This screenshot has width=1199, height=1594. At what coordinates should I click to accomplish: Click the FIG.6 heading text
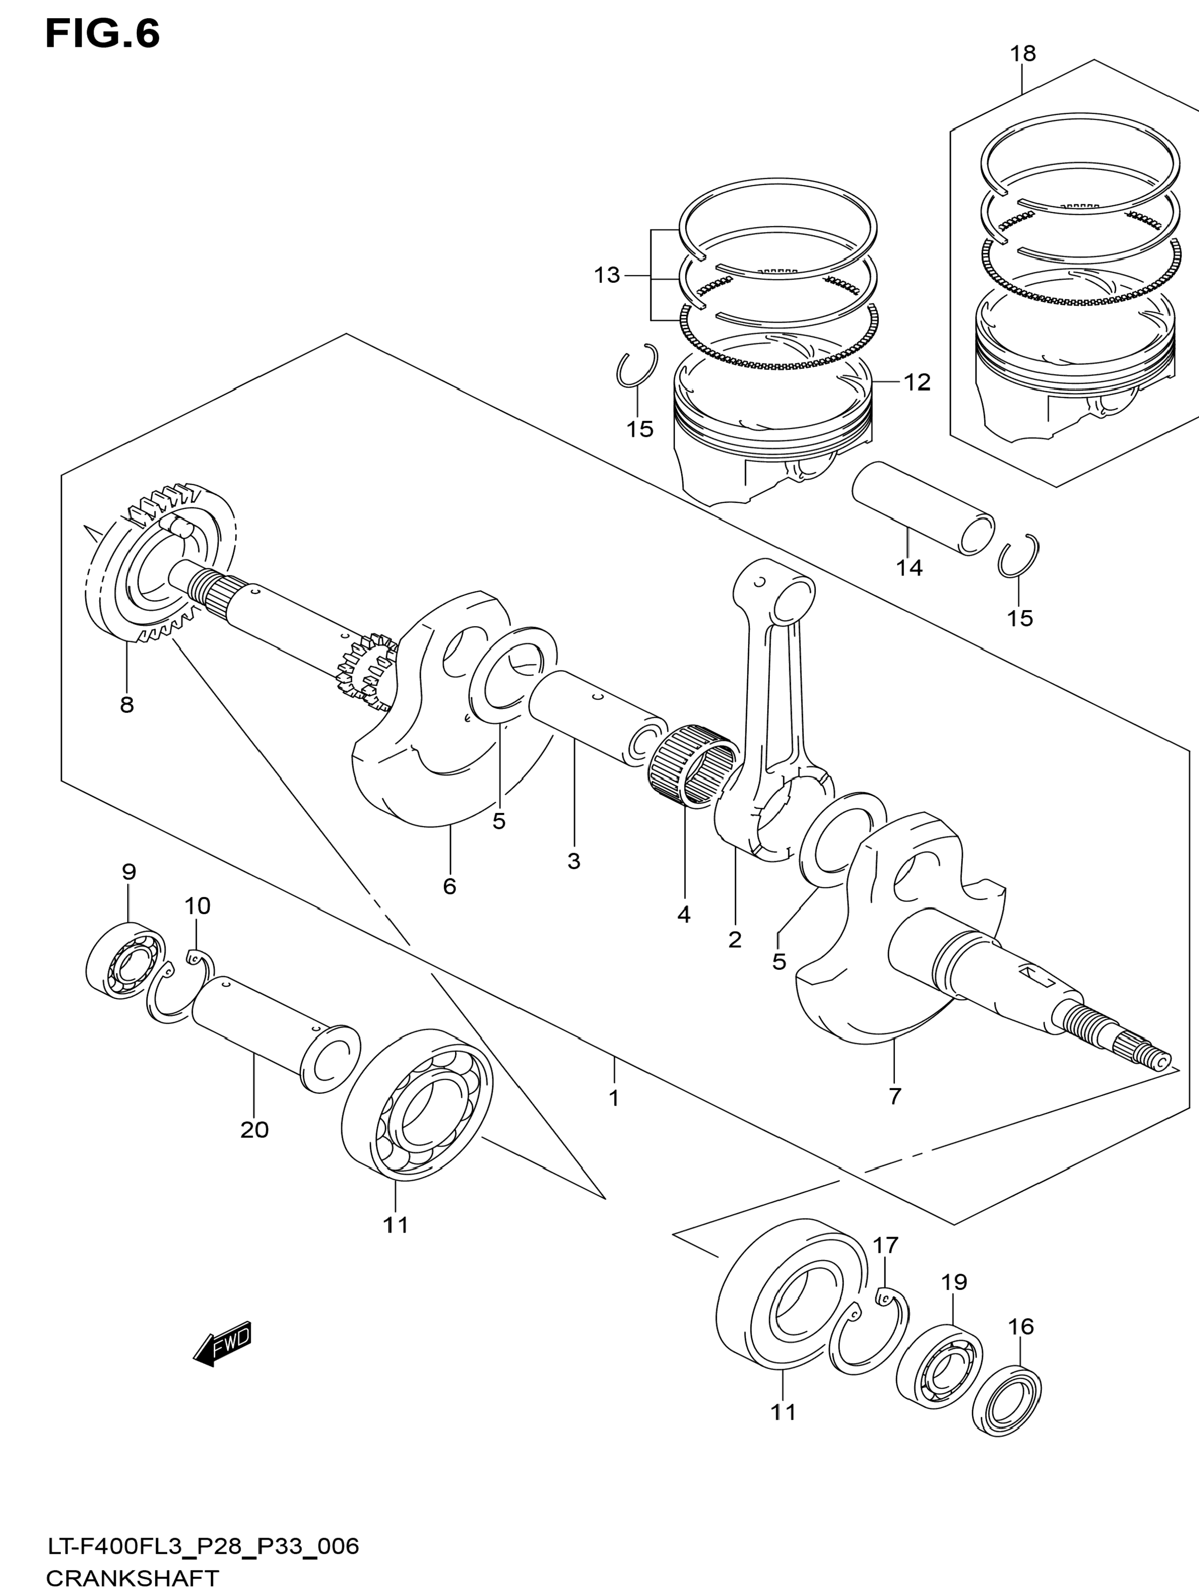(x=102, y=34)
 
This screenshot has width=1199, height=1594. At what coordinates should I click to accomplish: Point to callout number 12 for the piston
(x=917, y=382)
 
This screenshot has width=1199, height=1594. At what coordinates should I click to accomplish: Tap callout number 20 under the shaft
(x=254, y=1129)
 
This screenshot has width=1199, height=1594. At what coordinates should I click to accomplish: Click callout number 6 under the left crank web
(x=449, y=886)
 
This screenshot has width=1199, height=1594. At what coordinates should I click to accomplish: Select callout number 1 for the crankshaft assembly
(x=614, y=1098)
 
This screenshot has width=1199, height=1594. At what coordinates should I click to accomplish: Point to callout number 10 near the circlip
(x=197, y=906)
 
